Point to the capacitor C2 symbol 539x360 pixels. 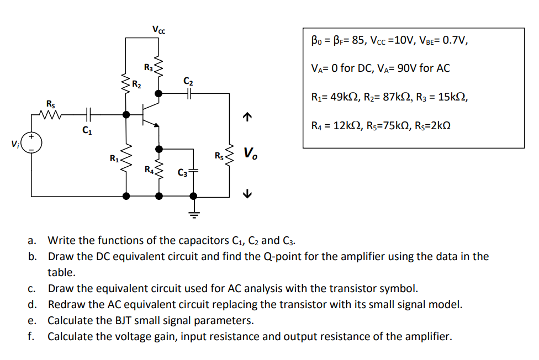click(189, 93)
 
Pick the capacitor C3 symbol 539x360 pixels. click(193, 171)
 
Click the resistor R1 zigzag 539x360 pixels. click(126, 160)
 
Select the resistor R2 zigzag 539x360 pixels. click(126, 84)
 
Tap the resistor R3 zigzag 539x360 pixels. click(159, 67)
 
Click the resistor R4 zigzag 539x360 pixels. click(159, 172)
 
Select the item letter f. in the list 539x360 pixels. click(32, 336)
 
